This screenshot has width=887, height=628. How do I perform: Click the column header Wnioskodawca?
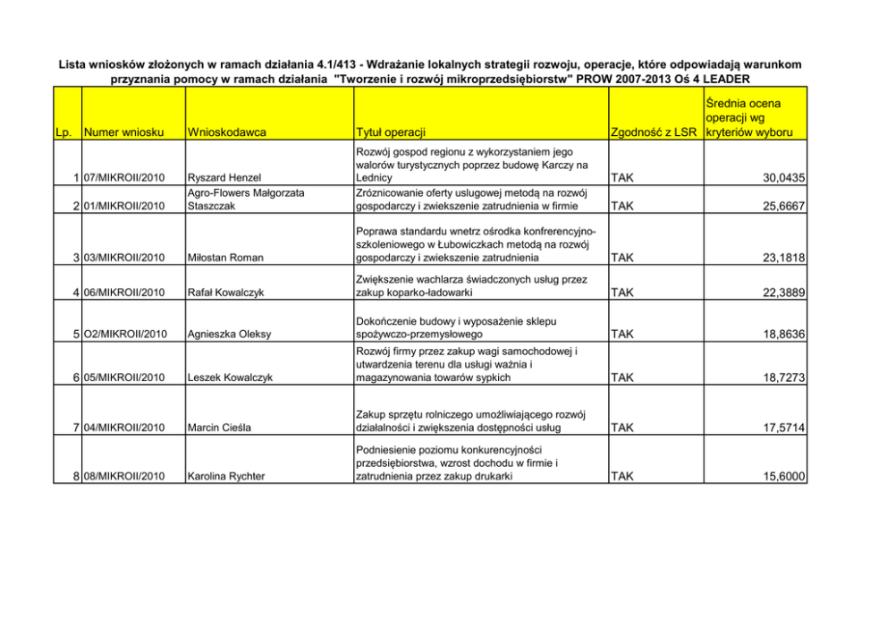(227, 133)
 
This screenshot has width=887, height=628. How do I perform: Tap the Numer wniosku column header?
(122, 133)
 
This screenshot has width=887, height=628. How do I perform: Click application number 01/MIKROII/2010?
(124, 207)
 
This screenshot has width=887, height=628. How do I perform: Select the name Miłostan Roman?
(224, 258)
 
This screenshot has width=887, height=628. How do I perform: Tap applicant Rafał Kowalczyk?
(225, 292)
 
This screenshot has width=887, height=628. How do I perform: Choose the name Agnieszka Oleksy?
(228, 335)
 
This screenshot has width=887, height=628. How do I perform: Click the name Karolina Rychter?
(225, 477)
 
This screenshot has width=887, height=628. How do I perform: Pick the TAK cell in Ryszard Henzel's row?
(622, 179)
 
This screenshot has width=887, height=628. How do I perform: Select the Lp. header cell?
(63, 133)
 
